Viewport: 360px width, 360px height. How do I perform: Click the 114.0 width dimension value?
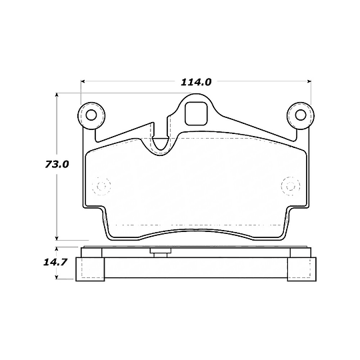(x=195, y=82)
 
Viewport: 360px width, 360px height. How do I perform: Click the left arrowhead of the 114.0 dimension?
(x=84, y=82)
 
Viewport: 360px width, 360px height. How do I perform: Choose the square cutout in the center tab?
(x=195, y=113)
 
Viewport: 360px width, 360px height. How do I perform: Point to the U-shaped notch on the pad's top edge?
(x=161, y=141)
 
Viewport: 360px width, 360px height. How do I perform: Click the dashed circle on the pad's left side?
(x=101, y=185)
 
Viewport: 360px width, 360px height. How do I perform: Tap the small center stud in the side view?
(x=160, y=252)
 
